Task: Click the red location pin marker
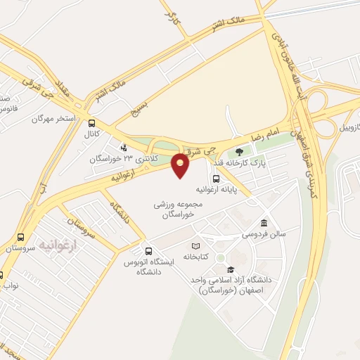pos(181,165)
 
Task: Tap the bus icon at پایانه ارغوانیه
pos(215,178)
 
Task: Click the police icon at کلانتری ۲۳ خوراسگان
pos(124,148)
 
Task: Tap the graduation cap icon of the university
pos(230,269)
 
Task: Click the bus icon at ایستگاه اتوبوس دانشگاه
pos(148,251)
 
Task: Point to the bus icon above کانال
pos(92,122)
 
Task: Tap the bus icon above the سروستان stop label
pos(20,238)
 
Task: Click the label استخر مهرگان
pos(53,118)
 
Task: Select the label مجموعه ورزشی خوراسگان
pos(179,208)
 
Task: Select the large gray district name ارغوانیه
pos(56,244)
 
